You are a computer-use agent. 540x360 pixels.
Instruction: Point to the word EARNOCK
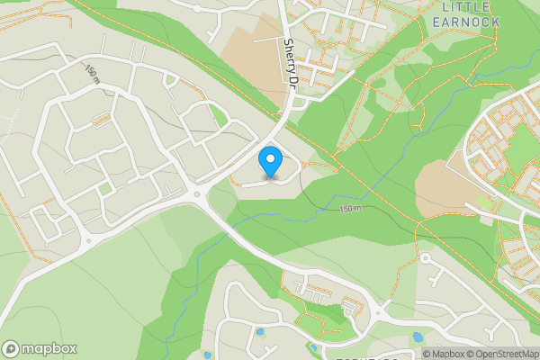(466, 22)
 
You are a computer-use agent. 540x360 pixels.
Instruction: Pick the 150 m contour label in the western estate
(92, 74)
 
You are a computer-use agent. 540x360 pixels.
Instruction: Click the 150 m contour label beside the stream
(349, 209)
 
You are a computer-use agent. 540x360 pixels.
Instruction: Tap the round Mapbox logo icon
(11, 349)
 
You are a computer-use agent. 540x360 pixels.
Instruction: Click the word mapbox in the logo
(49, 349)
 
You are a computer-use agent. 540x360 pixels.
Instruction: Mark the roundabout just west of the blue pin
(196, 193)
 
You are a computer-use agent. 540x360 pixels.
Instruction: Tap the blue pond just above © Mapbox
(417, 337)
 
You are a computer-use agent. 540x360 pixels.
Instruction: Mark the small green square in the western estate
(105, 189)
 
